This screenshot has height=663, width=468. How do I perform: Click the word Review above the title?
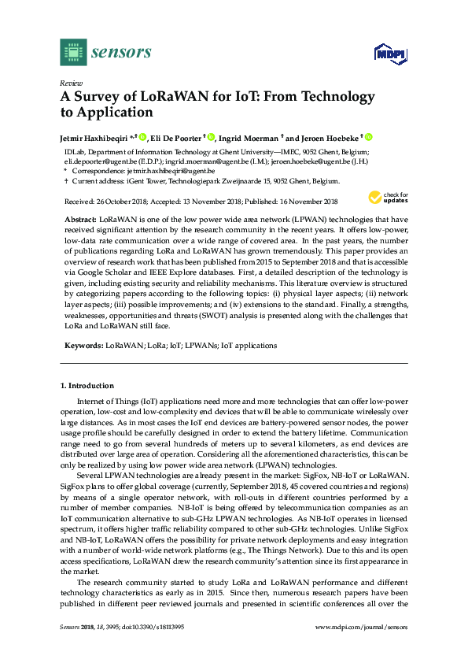[x=71, y=83]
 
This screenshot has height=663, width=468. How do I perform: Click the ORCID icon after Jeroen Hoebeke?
[x=368, y=136]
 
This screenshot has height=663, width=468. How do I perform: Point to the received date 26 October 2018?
[x=117, y=201]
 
